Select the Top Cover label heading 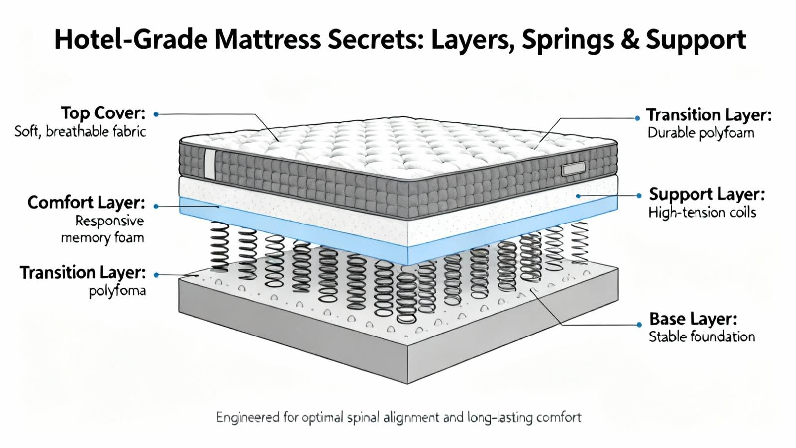click(x=103, y=113)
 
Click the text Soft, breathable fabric click(x=80, y=132)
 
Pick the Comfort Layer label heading click(x=86, y=203)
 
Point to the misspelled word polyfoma click(x=117, y=291)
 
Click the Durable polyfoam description click(x=700, y=133)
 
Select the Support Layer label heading click(x=706, y=194)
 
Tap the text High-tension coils click(x=702, y=213)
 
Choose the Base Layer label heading click(x=693, y=319)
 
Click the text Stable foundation click(x=701, y=337)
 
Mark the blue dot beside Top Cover click(x=156, y=114)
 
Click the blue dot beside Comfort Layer click(x=156, y=206)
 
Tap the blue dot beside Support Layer click(x=639, y=196)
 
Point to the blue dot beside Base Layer click(x=639, y=325)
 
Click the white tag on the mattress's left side click(x=210, y=163)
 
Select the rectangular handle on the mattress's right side click(x=573, y=169)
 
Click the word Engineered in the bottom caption click(x=247, y=417)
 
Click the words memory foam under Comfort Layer click(x=102, y=238)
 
